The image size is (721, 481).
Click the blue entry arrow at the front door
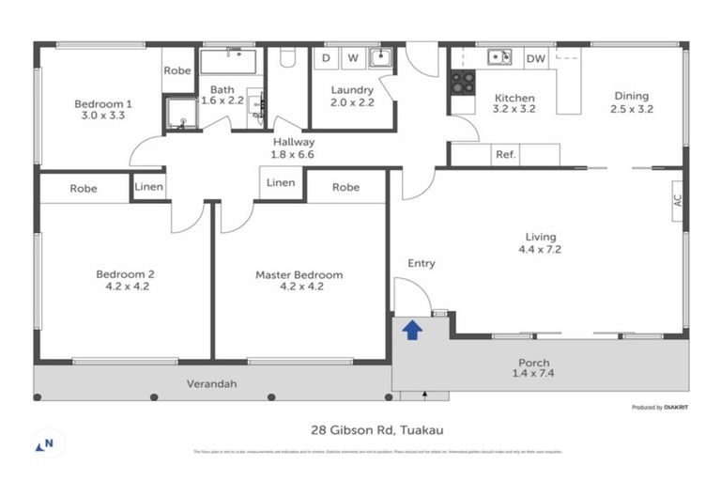click(410, 330)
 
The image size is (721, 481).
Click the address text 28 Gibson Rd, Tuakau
click(376, 430)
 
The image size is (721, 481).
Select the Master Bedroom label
click(299, 275)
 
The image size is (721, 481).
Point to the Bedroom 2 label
click(125, 275)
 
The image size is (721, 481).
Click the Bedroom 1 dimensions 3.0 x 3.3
click(103, 116)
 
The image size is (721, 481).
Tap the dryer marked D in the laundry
click(326, 58)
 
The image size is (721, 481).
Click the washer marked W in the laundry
click(353, 58)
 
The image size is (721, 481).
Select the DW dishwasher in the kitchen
click(535, 59)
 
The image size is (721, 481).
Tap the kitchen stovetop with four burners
click(463, 83)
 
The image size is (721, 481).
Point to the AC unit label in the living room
click(676, 200)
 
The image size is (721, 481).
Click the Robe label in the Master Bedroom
click(345, 187)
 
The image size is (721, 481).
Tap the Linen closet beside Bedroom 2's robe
click(149, 187)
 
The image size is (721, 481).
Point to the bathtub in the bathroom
click(230, 62)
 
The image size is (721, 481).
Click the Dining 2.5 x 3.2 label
click(631, 102)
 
